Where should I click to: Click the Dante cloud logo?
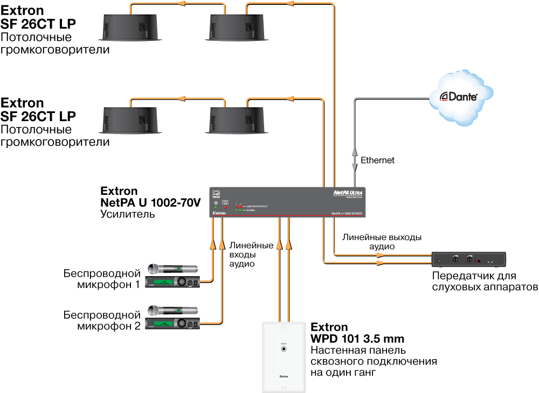459,97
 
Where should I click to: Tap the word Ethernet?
377,160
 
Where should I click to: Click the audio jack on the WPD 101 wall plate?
284,349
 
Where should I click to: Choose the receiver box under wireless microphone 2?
173,323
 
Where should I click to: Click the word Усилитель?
128,214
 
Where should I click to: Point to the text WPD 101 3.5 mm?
357,339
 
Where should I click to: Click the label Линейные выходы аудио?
382,241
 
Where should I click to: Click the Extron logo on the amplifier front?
219,213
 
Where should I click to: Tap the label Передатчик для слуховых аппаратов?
485,282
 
